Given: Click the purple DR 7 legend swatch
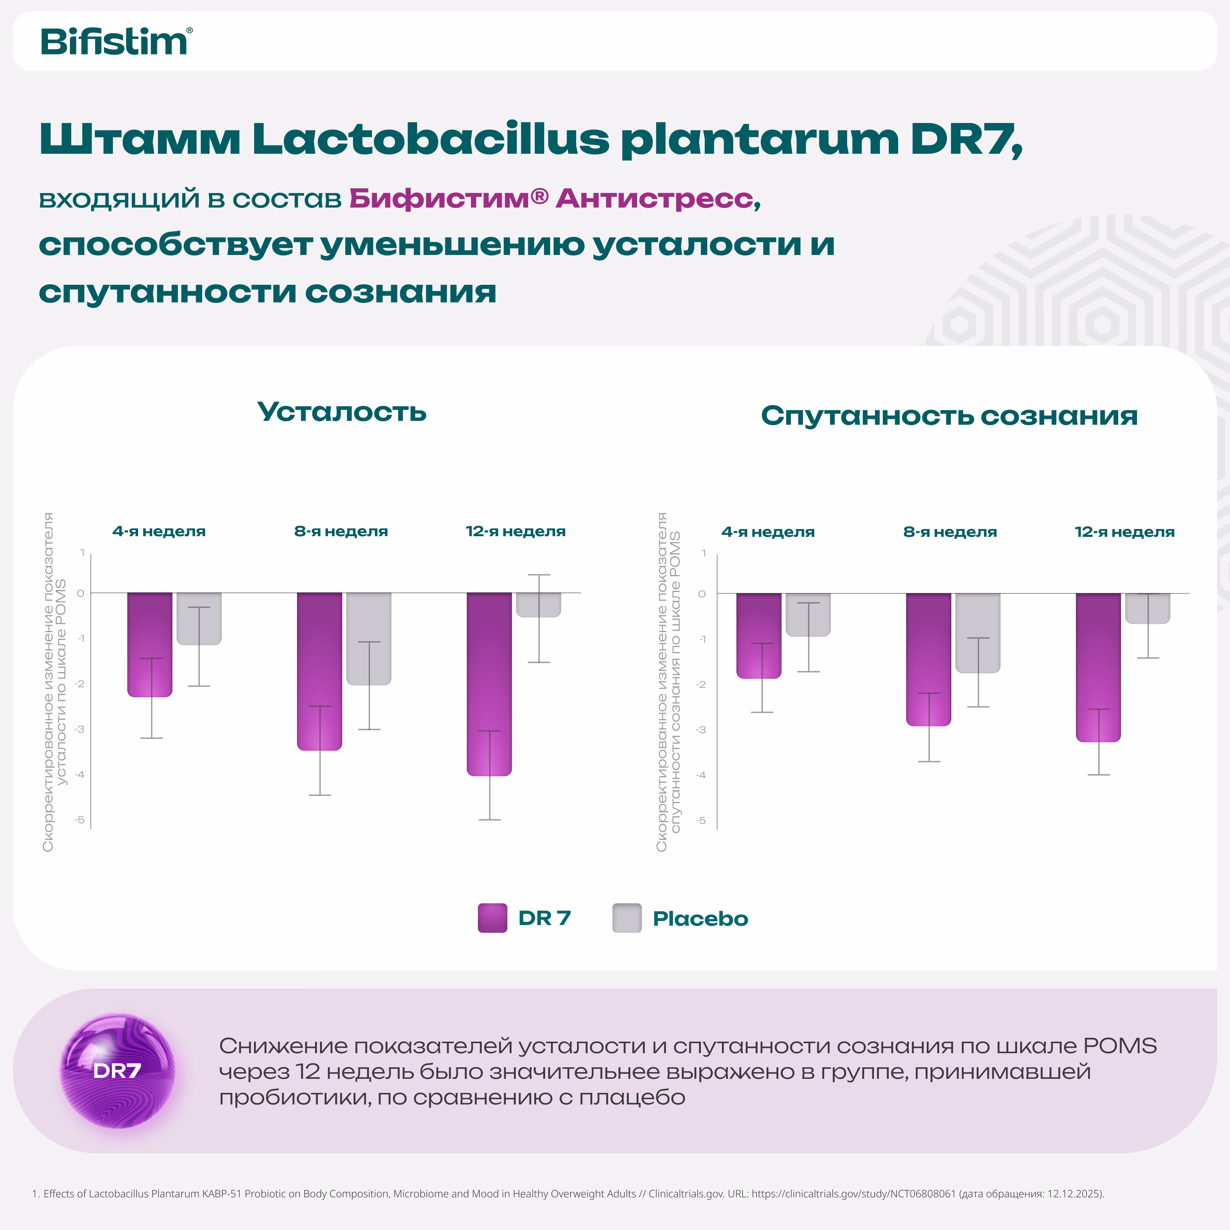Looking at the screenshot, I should pos(492,918).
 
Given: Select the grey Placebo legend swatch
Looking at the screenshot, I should pos(627,918).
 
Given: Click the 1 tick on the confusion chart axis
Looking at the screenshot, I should pos(703,553).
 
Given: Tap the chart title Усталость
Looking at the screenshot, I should pos(342,412).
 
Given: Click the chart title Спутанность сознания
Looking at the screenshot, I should pos(949,416).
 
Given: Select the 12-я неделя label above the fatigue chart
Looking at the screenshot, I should pos(516,531).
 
